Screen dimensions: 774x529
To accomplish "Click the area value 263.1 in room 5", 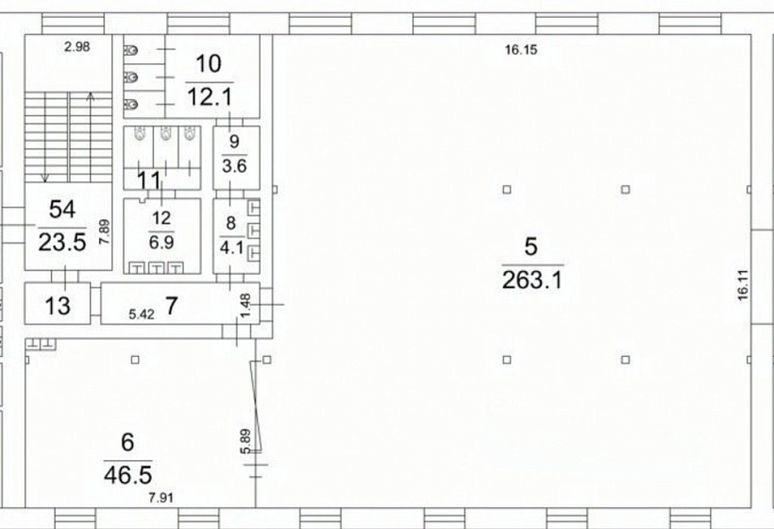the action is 532,280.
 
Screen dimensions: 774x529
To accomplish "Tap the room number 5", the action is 530,247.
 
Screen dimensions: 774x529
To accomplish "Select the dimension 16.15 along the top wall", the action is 521,49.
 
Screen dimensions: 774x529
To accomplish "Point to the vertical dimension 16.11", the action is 743,285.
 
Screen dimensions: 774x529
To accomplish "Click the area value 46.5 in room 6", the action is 127,474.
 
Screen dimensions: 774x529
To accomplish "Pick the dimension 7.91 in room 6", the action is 160,498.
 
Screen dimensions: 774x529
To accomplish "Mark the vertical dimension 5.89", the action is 245,441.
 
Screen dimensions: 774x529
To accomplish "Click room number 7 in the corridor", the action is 171,306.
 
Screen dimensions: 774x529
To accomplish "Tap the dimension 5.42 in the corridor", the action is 142,315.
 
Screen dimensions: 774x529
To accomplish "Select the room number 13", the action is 58,306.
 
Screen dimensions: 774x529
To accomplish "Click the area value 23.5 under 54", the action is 62,242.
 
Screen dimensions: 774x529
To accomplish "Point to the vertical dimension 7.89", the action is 104,232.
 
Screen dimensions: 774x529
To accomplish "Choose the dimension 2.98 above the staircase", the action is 77,46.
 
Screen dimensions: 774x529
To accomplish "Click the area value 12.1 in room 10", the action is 210,96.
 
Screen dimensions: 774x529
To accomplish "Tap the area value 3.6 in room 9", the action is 234,166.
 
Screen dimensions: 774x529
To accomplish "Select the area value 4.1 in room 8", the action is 231,247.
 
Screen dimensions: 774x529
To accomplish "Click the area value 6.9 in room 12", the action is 161,242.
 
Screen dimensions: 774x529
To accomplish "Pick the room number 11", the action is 149,180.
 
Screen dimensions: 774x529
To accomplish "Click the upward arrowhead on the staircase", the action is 91,96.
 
